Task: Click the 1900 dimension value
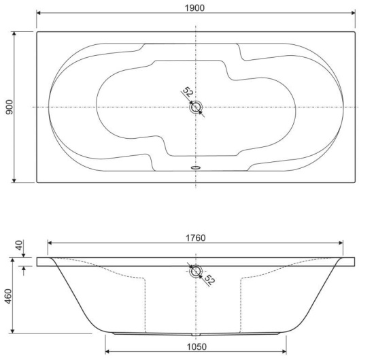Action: (194, 8)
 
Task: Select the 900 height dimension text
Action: (10, 108)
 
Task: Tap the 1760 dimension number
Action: (195, 238)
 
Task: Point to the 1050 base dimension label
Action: (197, 346)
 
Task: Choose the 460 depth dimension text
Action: (8, 296)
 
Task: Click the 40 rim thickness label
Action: (19, 245)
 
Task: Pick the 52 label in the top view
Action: (188, 92)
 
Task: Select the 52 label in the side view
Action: (209, 280)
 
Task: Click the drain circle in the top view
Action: (196, 107)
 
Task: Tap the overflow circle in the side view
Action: (196, 272)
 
